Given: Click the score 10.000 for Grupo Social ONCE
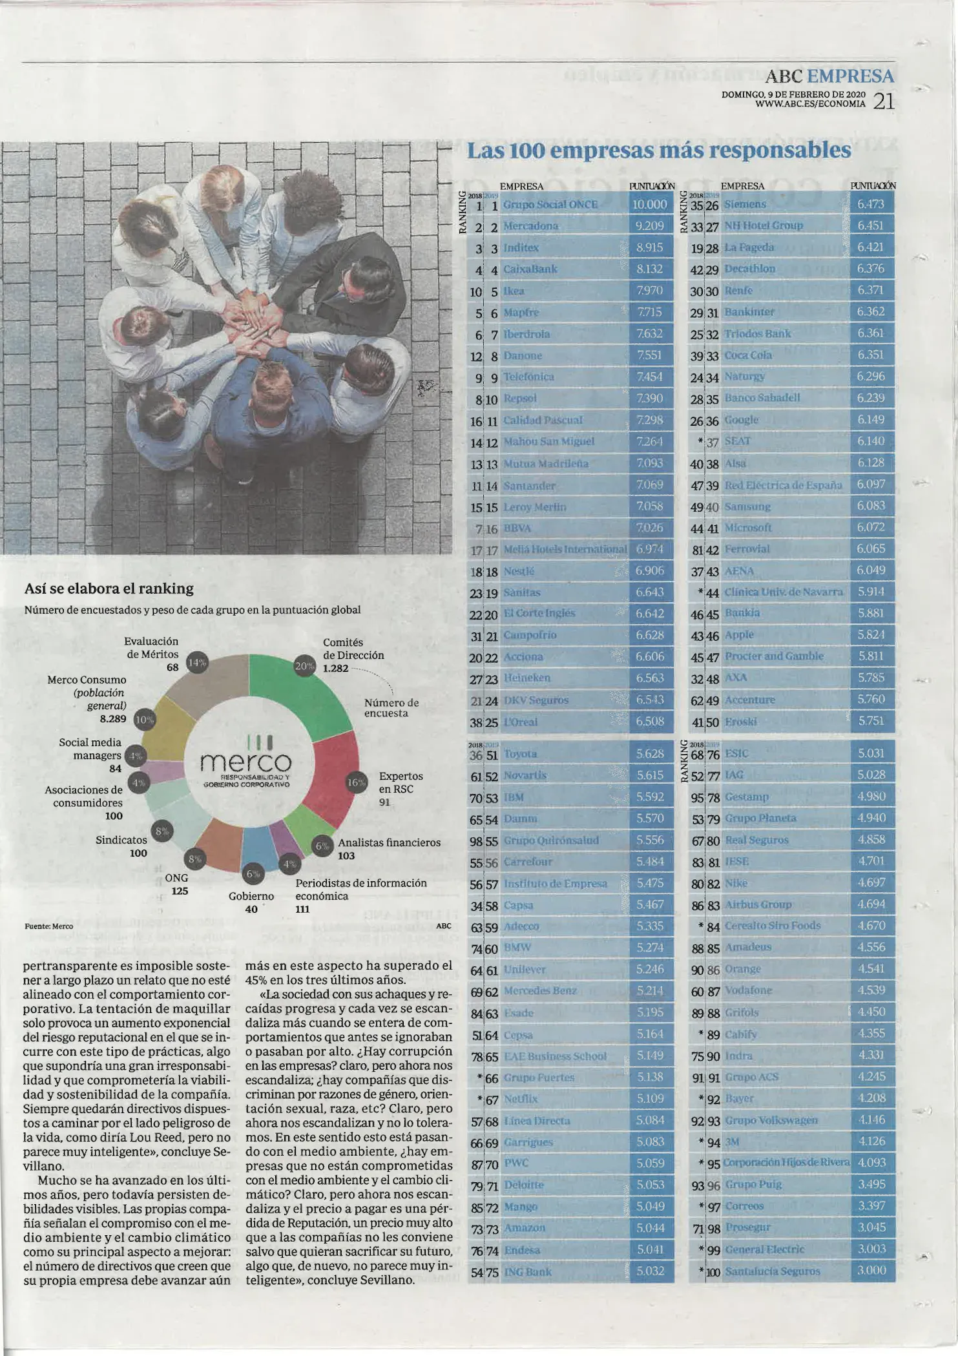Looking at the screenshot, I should [x=649, y=205].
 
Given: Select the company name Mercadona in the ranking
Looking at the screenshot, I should [x=530, y=226].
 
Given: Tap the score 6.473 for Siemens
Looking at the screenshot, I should [x=870, y=204].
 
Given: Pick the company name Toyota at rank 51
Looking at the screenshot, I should [x=520, y=754].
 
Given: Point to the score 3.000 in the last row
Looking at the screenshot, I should [x=871, y=1271].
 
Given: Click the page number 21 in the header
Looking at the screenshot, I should [x=883, y=101].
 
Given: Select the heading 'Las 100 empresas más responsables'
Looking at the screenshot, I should [x=658, y=151].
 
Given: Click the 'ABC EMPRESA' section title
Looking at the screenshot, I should [x=829, y=76].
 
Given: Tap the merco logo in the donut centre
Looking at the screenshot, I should [x=246, y=763].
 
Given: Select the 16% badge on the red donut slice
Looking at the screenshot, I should [x=357, y=782].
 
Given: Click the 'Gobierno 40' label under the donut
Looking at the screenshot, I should [x=251, y=902].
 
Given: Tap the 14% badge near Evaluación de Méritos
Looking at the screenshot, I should [x=197, y=662].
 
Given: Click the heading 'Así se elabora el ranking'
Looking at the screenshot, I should [x=109, y=589].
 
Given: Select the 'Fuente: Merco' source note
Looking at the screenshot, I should [x=48, y=926].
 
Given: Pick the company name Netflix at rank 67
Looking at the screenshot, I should [x=520, y=1099].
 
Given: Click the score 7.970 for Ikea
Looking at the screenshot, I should [x=649, y=291].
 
